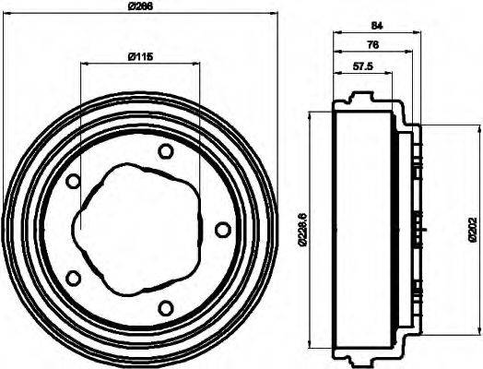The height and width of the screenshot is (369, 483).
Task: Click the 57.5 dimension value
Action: pyautogui.click(x=362, y=66)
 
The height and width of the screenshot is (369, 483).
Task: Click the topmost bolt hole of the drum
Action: pyautogui.click(x=166, y=151)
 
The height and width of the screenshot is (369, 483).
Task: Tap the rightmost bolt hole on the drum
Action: pyautogui.click(x=221, y=229)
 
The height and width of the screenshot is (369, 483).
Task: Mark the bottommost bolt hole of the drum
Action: pyautogui.click(x=166, y=307)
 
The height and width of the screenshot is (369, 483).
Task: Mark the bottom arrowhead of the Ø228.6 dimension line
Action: pyautogui.click(x=313, y=350)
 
